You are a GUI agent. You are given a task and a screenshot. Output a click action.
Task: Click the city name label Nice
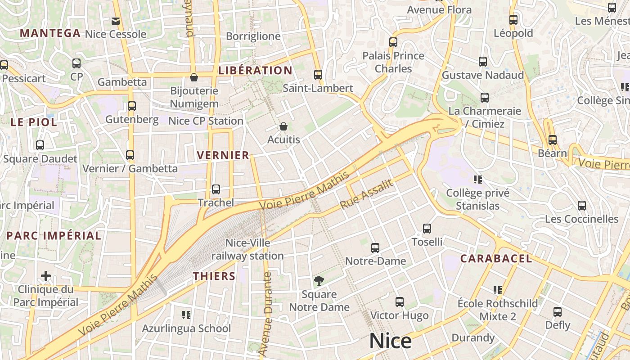pyautogui.click(x=390, y=341)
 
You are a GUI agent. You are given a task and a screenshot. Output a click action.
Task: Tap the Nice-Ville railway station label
pyautogui.click(x=248, y=249)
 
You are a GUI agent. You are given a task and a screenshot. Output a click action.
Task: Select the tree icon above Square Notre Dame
pyautogui.click(x=319, y=281)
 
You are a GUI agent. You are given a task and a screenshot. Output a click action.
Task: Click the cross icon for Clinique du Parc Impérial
pyautogui.click(x=46, y=275)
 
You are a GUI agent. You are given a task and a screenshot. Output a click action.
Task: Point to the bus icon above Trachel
pyautogui.click(x=216, y=189)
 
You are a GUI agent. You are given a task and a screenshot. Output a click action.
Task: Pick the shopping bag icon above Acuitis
pyautogui.click(x=283, y=126)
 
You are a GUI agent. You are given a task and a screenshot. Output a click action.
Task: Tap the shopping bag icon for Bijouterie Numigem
pyautogui.click(x=194, y=77)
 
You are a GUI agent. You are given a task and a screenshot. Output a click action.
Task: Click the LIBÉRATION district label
pyautogui.click(x=255, y=70)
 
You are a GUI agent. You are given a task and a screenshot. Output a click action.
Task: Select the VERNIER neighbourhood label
pyautogui.click(x=223, y=155)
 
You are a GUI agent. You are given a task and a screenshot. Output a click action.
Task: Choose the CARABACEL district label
pyautogui.click(x=496, y=258)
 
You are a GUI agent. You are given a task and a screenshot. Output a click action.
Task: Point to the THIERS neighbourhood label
pyautogui.click(x=214, y=276)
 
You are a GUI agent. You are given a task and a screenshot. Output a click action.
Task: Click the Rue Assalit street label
pyautogui.click(x=367, y=194)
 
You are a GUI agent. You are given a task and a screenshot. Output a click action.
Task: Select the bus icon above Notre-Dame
pyautogui.click(x=375, y=247)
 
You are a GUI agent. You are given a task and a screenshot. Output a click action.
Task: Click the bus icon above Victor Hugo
pyautogui.click(x=399, y=302)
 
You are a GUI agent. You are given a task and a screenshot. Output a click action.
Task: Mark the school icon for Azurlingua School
pyautogui.click(x=186, y=315)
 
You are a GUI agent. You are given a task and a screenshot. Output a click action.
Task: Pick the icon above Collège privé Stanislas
pyautogui.click(x=478, y=180)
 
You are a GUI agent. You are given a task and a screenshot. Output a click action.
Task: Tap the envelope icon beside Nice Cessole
pyautogui.click(x=116, y=21)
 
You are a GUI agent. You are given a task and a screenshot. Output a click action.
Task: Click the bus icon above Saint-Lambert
pyautogui.click(x=318, y=75)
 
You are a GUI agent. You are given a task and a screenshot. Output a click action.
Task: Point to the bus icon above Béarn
pyautogui.click(x=552, y=140)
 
